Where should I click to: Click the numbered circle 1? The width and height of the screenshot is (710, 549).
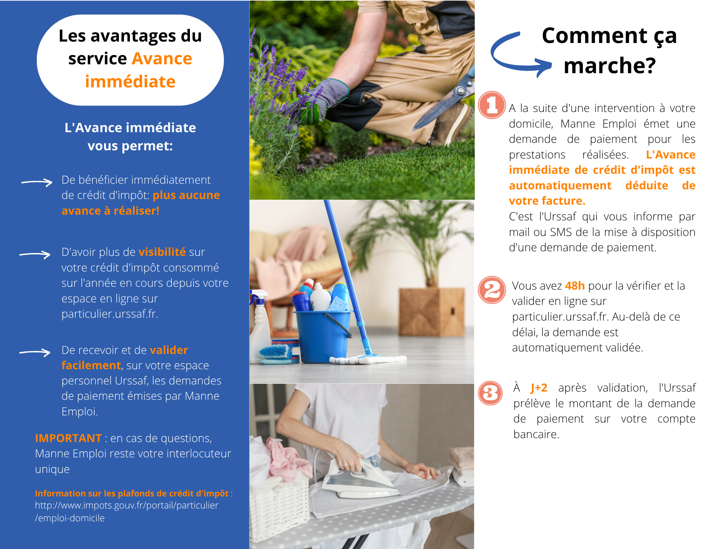(492, 105)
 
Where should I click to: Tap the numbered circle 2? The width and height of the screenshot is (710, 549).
(492, 290)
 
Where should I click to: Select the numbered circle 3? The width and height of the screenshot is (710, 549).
(490, 393)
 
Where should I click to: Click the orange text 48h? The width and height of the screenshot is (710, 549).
(575, 286)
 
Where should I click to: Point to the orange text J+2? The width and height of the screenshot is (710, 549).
(539, 388)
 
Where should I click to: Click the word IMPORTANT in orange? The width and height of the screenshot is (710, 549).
(68, 438)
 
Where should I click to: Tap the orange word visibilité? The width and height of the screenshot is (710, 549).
(162, 252)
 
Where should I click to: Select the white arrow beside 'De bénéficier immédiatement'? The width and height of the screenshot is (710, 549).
(37, 182)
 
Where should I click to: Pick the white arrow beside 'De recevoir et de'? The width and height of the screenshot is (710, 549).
(35, 352)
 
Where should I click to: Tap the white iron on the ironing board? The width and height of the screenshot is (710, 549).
(359, 478)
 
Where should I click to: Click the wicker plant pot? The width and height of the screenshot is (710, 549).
(432, 312)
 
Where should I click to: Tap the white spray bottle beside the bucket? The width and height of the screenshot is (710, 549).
(260, 327)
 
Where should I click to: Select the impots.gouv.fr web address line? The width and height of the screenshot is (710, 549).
(126, 505)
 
